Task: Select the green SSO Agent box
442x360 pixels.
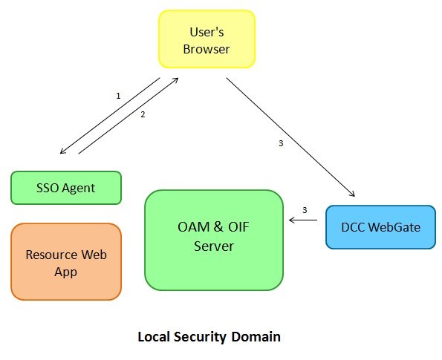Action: (66, 188)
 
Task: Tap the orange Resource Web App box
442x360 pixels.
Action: (66, 262)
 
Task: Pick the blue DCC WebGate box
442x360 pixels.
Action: (380, 227)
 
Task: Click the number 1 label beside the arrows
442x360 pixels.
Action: (118, 96)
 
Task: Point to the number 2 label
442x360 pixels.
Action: (143, 114)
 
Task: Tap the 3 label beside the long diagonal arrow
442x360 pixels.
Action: (281, 143)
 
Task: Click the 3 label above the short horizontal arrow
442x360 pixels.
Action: (305, 209)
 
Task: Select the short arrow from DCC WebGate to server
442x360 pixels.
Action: (304, 220)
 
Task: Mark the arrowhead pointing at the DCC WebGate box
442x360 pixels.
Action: (350, 194)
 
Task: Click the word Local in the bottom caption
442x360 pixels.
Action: (154, 337)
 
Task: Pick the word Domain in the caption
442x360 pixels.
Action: (256, 337)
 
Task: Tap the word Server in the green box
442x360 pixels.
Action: (214, 247)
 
